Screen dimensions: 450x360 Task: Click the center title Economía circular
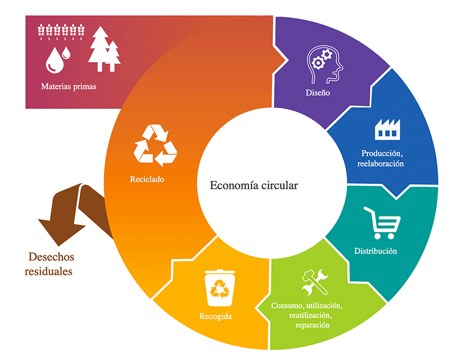[x=254, y=186]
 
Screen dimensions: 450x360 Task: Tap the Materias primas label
[x=68, y=86]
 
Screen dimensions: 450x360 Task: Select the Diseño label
[x=318, y=92]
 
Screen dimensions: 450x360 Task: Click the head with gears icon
[x=325, y=64]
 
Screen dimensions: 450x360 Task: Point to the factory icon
[x=387, y=129]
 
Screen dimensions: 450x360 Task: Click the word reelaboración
[x=381, y=163]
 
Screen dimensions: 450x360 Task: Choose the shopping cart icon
[x=382, y=223]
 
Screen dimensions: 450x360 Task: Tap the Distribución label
[x=376, y=251]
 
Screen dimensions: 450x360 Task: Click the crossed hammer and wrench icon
[x=315, y=282]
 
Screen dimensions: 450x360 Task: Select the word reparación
[x=313, y=325]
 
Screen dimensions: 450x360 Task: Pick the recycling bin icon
[x=219, y=288]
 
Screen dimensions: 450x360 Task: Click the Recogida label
[x=215, y=316]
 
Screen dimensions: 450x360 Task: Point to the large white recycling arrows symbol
[x=156, y=145]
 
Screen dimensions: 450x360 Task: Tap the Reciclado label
[x=147, y=179]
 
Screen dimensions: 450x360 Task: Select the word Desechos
[x=51, y=257]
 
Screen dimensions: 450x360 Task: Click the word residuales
[x=48, y=271]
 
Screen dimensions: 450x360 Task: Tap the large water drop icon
[x=55, y=60]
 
